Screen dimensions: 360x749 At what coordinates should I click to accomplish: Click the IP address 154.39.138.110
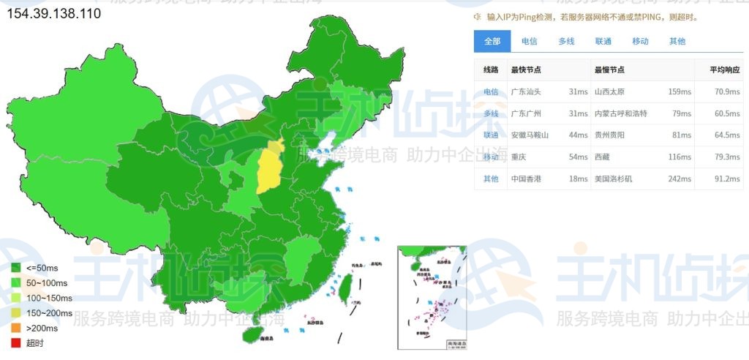[x=54, y=13]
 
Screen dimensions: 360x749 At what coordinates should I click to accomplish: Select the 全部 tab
[x=492, y=42]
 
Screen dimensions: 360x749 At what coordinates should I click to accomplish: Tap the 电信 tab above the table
[x=529, y=42]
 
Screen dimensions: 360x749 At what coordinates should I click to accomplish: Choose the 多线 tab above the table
[x=567, y=42]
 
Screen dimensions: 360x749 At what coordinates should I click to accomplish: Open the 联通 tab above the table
[x=603, y=42]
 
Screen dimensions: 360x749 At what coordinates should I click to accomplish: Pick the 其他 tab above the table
[x=677, y=42]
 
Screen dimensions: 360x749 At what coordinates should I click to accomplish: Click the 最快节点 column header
[x=526, y=70]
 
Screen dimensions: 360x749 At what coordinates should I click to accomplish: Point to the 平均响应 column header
[x=725, y=70]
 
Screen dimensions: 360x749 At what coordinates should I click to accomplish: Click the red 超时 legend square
[x=15, y=343]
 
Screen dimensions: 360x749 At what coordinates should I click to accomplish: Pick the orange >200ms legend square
[x=15, y=328]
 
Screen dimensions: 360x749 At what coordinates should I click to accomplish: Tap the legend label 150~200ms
[x=49, y=313]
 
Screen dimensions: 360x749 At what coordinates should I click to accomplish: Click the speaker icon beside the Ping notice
[x=477, y=17]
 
